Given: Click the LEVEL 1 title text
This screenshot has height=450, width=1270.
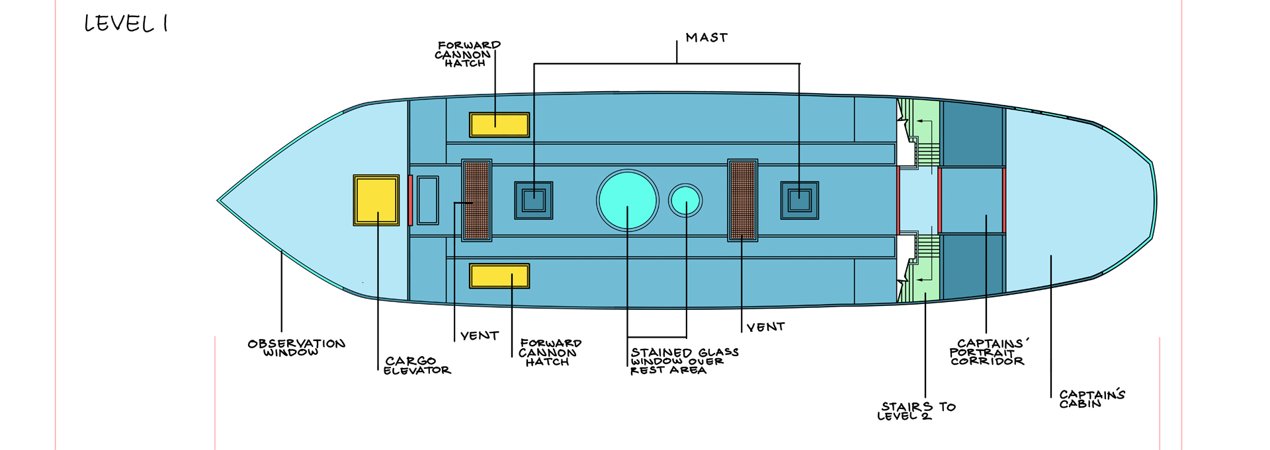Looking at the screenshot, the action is point(126,24).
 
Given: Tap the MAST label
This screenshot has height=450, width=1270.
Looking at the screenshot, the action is point(706,38).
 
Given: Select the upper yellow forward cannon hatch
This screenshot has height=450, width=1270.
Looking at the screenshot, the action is point(499,125).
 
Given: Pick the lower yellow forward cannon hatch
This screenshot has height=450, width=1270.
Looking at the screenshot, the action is point(499,276).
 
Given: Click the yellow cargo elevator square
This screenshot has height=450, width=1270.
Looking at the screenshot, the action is point(376,200).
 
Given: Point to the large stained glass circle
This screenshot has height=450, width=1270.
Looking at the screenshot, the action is point(627,200).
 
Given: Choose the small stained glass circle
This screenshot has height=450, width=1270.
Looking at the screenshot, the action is point(685,200).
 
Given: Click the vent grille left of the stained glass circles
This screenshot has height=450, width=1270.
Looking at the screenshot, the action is point(476,200).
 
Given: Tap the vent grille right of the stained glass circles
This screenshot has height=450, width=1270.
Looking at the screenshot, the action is point(743,200).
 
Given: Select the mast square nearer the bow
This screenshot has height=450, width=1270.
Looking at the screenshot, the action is point(534,200).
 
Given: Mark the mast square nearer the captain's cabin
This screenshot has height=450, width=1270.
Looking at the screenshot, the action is point(800,200).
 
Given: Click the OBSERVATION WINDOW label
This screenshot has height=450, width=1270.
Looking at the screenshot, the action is point(296,348).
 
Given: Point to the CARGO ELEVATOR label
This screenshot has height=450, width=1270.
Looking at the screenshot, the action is point(417,365).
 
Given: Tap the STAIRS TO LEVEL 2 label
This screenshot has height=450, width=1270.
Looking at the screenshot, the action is point(916,411).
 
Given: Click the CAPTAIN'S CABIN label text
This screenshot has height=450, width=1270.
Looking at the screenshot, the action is point(1091,398).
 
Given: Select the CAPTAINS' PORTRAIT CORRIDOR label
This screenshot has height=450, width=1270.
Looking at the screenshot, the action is point(988,352).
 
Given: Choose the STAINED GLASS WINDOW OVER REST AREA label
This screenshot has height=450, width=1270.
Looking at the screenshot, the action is point(684,361).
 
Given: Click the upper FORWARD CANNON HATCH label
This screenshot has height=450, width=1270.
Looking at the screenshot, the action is point(468,54).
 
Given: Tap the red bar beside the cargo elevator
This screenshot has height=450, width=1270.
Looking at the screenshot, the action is point(410,200).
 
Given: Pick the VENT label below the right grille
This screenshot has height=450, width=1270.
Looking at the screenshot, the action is point(765,327).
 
